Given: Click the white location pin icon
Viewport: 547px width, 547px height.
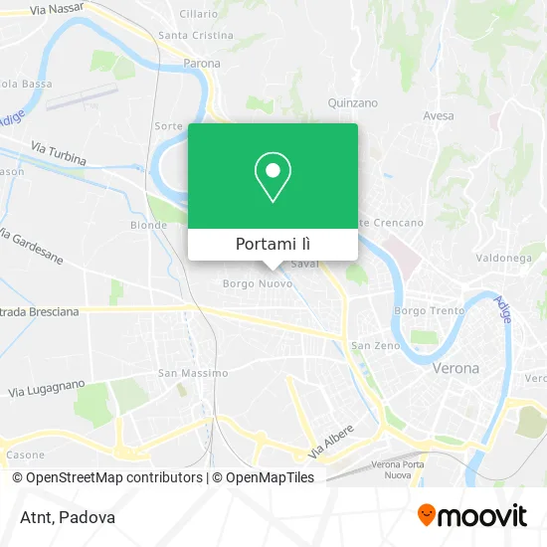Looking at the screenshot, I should (273, 177).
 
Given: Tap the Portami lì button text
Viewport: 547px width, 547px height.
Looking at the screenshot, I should (273, 245).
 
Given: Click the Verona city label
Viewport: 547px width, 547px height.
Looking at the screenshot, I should (456, 368).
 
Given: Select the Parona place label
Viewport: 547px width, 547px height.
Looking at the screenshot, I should (202, 64).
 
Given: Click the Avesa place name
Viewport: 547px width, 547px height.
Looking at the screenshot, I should (438, 116).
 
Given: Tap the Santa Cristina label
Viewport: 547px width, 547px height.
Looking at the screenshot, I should (196, 35).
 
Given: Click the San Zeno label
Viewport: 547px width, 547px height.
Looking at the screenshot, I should (374, 346).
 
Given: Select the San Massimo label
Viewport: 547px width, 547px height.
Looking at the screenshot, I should (193, 373).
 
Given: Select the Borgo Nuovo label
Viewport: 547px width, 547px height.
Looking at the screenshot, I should (258, 284).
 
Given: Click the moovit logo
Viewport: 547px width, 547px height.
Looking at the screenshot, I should (472, 515).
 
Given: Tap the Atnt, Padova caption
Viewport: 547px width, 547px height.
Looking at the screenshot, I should (67, 517).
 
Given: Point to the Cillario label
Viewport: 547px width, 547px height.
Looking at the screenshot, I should (198, 14).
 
